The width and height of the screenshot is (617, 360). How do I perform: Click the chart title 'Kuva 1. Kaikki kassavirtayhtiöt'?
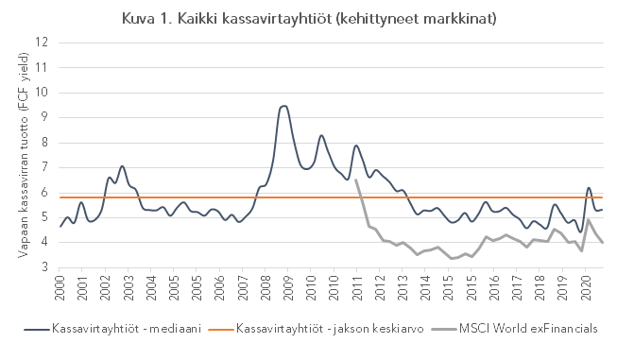coord(308,19)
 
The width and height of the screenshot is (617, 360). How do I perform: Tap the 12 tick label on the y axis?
coord(41,43)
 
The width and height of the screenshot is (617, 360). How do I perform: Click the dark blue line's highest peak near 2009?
coord(283,106)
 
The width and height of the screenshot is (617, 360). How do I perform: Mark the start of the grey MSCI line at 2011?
coord(356,180)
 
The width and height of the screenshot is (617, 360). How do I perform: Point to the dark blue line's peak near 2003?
coord(122,166)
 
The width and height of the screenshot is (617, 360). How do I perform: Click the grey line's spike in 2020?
coord(588,220)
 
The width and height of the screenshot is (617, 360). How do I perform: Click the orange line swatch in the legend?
coord(218,328)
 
